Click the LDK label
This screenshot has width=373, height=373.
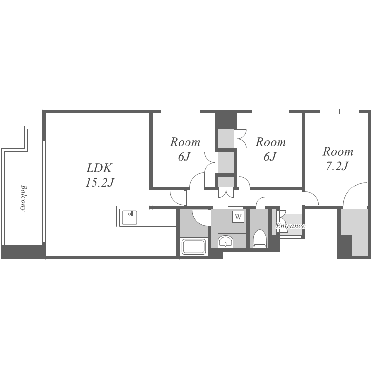pos(99,168)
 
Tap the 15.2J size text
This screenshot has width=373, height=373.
pos(99,183)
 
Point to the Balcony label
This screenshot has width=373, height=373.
pos(23,198)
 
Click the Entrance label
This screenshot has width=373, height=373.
pos(290,226)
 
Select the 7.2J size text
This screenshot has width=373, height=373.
pos(337,166)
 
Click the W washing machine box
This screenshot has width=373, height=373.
pos(238,217)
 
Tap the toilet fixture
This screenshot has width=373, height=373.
pos(259,239)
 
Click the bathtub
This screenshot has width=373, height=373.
pos(193,247)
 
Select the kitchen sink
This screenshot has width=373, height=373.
pos(130,218)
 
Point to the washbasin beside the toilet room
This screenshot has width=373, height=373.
pos(225,242)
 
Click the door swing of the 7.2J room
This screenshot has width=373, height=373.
pos(355,195)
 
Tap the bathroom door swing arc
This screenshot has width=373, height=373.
pos(200,218)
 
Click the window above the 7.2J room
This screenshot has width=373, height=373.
pos(339,111)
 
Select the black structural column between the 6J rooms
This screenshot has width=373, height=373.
pos(226,121)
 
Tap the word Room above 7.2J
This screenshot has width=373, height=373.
pos(338,152)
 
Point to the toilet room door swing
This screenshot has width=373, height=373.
pos(260,203)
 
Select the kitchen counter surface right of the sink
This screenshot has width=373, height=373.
pos(157,218)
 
